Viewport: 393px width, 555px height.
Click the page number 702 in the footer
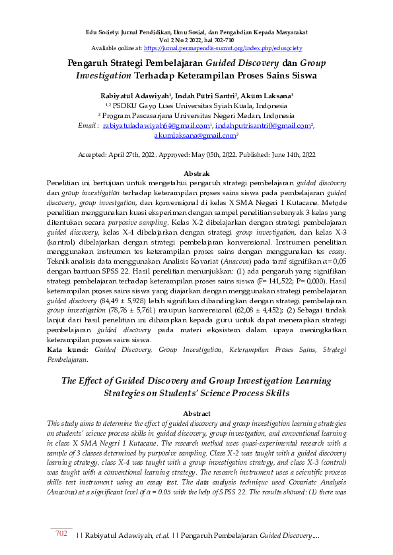point(60,533)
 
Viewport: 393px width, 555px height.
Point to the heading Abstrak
point(196,172)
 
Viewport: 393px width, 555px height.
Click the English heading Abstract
point(196,413)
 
